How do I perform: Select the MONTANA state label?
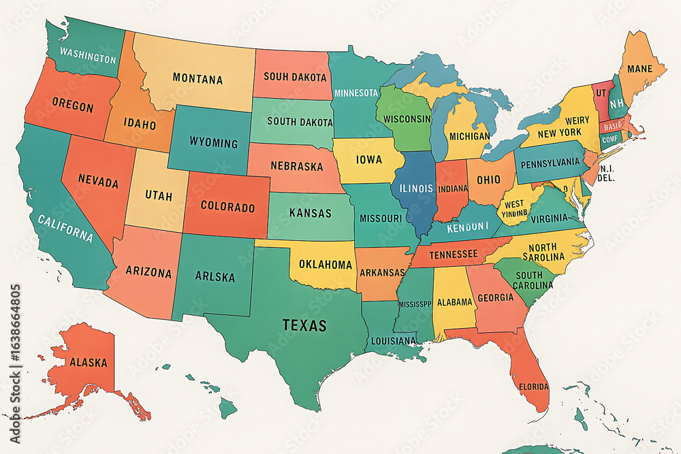tap(197, 79)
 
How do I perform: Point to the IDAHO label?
tap(140, 125)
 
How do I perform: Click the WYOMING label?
tap(214, 143)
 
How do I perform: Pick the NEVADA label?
tap(98, 183)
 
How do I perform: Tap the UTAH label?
tap(159, 195)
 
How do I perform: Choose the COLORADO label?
tap(228, 206)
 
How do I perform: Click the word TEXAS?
tap(304, 325)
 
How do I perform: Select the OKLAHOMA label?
tap(326, 264)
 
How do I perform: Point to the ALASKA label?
tap(89, 362)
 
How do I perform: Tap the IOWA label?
tap(369, 161)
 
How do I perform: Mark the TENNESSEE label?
tap(453, 255)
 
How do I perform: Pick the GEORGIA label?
tap(496, 297)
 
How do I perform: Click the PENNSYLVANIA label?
tap(552, 163)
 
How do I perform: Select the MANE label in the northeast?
tap(639, 69)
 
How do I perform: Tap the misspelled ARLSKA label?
tap(215, 277)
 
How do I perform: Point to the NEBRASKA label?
tap(297, 166)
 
